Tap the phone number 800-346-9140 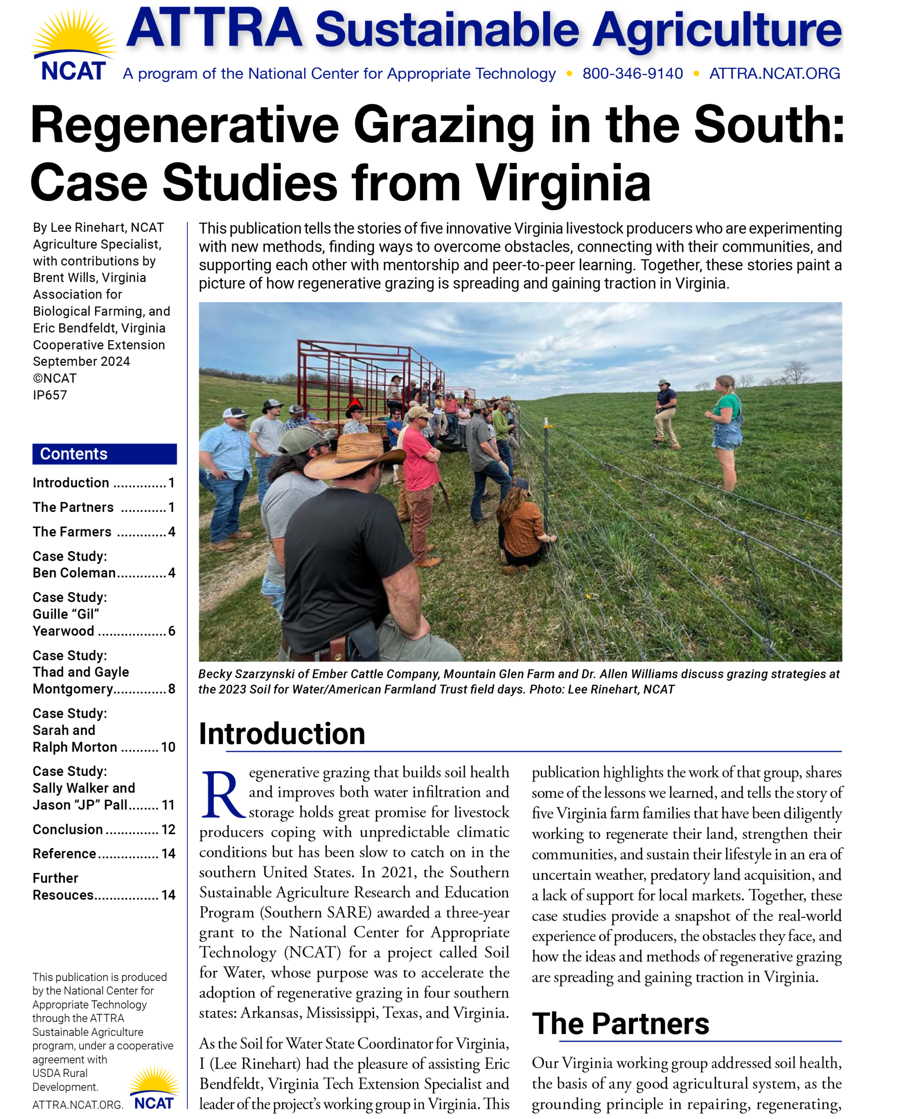pos(632,73)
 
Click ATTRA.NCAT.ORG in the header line pos(774,73)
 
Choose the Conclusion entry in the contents pos(68,829)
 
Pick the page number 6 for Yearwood pos(172,631)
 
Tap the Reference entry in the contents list pos(65,853)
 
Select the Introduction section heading pos(282,734)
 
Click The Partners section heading pos(620,1023)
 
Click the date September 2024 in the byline pos(81,361)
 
